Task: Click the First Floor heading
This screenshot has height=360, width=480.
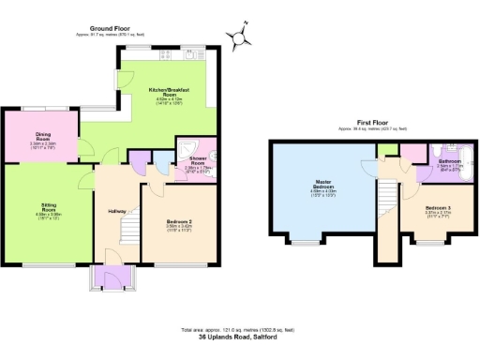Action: (373, 123)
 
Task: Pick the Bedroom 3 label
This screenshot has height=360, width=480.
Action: (437, 209)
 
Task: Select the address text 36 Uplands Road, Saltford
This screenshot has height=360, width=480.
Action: (240, 337)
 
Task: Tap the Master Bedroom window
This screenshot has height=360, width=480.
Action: (306, 242)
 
